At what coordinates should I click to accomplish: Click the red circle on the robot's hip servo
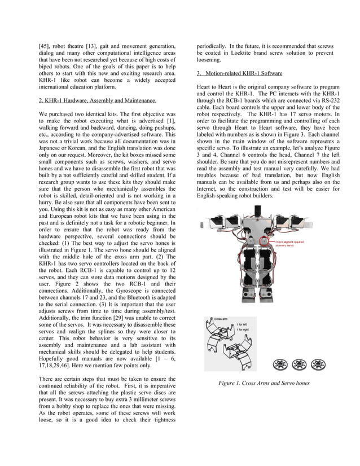click(263, 241)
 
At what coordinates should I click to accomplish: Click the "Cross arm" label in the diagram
click(221, 319)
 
